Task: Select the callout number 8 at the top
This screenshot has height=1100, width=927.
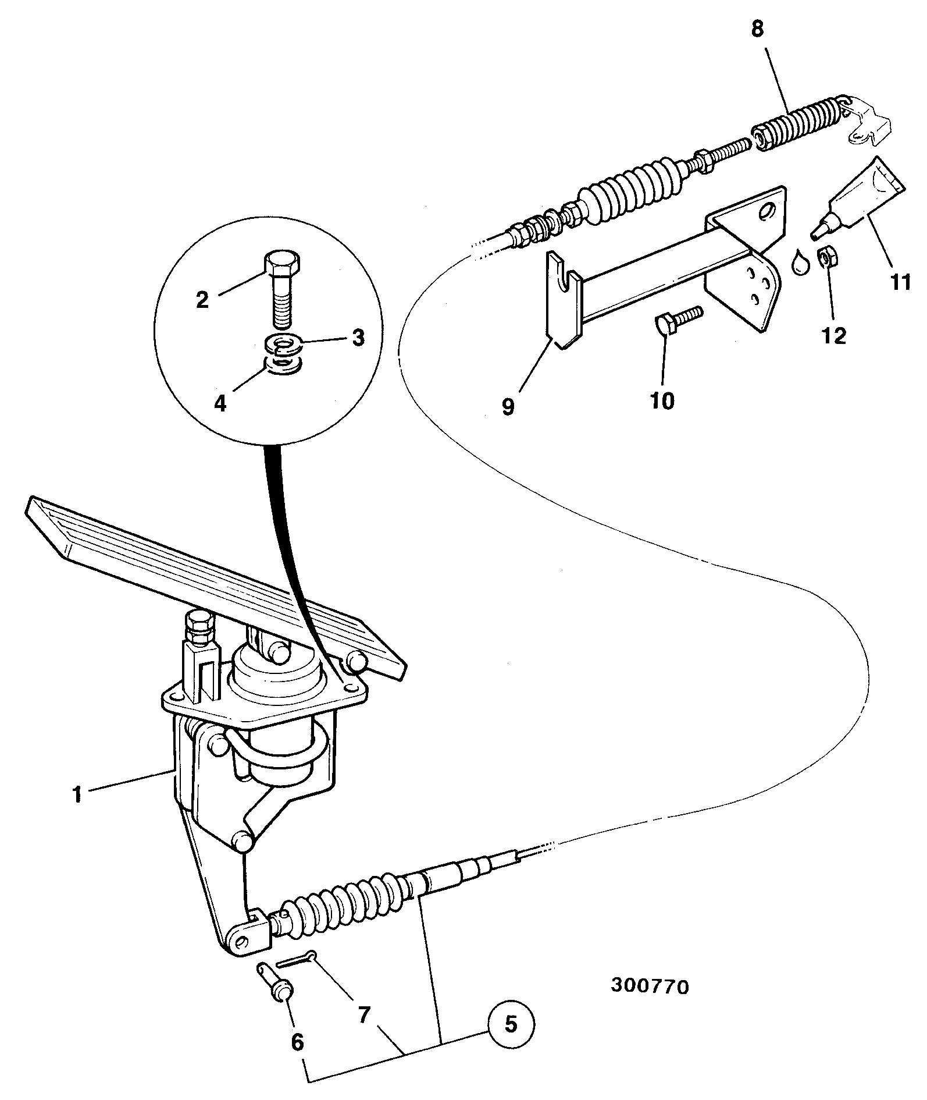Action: pyautogui.click(x=757, y=29)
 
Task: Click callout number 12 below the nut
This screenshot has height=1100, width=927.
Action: pyautogui.click(x=834, y=336)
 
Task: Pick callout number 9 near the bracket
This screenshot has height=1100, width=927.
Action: pyautogui.click(x=508, y=407)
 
